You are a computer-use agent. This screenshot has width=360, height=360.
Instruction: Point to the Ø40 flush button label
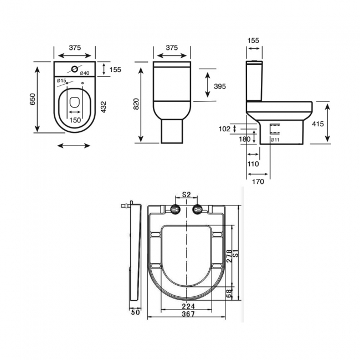coord(85,73)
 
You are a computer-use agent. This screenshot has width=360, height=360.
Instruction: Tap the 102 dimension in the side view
coord(224,128)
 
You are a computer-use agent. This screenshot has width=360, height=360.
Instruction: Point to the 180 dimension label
coord(245,140)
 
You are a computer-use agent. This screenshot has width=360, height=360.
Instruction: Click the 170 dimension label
coord(258,181)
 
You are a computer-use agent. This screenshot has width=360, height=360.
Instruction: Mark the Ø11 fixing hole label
coord(274,140)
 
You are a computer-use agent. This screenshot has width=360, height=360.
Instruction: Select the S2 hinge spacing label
coord(187,194)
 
